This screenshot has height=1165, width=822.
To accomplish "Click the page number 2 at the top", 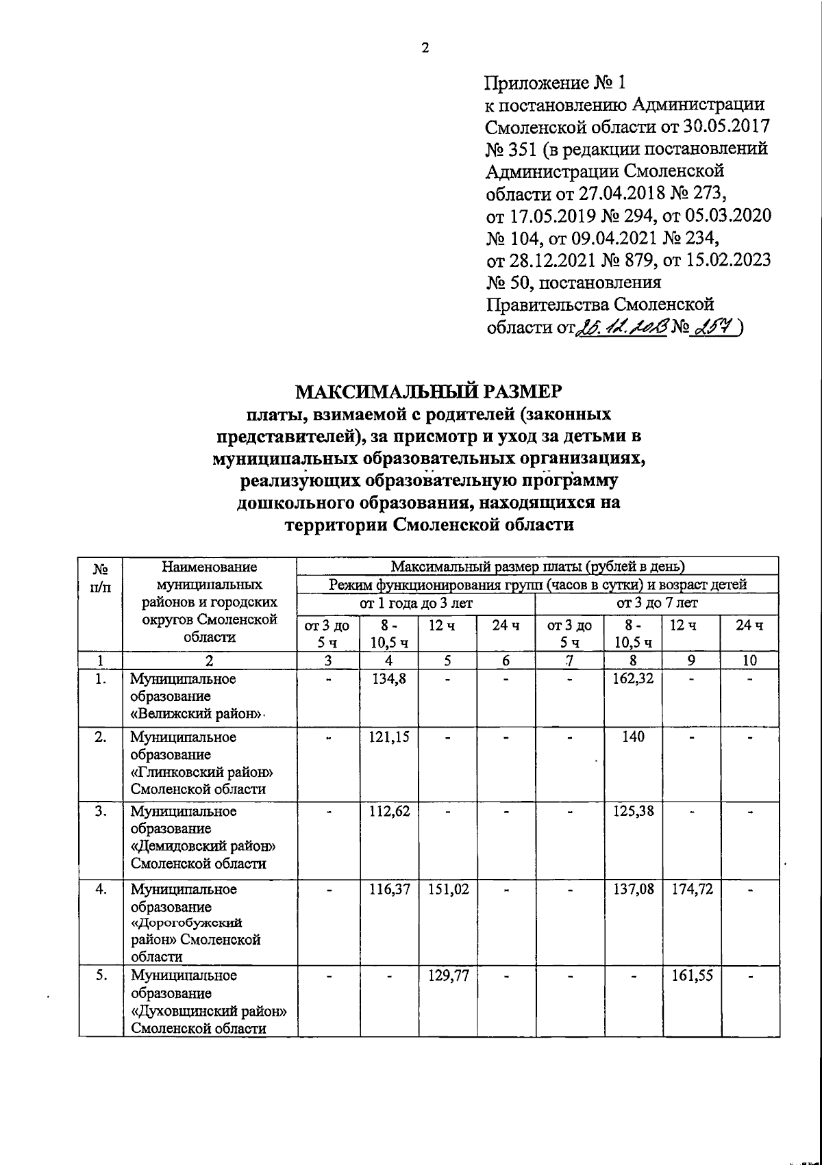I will click(425, 48).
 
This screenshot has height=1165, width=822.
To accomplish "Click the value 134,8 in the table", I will click(388, 679).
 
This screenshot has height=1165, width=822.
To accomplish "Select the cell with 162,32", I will click(632, 679).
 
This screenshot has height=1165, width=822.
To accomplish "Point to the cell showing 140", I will click(633, 737).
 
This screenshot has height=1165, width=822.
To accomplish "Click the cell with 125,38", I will click(633, 811).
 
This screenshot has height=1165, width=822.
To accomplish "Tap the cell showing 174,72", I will click(692, 889).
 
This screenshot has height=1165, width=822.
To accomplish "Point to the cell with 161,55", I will click(692, 975).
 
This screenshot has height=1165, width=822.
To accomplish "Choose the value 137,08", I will click(633, 889).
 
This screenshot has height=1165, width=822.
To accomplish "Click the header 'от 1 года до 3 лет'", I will click(416, 603).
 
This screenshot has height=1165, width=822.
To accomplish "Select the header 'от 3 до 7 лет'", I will click(657, 603).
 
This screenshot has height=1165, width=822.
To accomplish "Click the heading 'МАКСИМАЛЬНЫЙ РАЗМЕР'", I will click(427, 392).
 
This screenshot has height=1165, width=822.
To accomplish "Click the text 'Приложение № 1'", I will click(555, 84).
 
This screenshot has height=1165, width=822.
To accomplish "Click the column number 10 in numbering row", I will click(750, 660).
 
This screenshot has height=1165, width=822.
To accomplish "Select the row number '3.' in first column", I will click(101, 811).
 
